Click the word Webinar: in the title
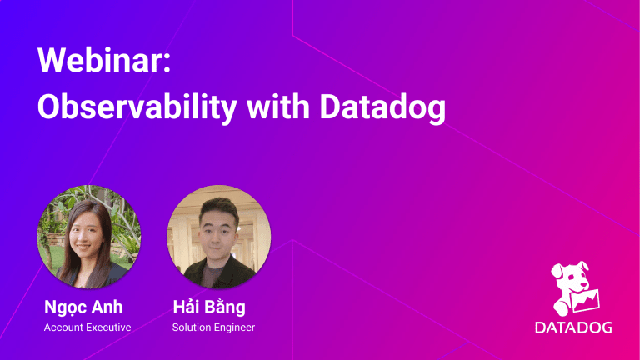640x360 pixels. click(x=104, y=60)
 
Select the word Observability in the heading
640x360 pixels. click(x=137, y=107)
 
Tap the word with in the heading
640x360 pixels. click(x=278, y=107)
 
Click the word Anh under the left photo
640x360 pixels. click(x=107, y=307)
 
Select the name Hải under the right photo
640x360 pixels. click(x=186, y=307)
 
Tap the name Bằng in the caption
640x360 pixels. click(x=225, y=307)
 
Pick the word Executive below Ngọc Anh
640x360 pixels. click(x=107, y=327)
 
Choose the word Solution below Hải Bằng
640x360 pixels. click(x=189, y=327)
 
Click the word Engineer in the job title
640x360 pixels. click(x=232, y=327)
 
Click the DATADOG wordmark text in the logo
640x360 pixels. click(x=573, y=327)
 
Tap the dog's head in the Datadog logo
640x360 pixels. click(x=570, y=277)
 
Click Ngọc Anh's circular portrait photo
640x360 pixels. click(x=89, y=237)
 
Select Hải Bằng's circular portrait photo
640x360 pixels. click(x=219, y=237)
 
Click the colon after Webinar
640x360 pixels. click(x=167, y=64)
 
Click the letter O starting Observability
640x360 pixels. click(x=49, y=107)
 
